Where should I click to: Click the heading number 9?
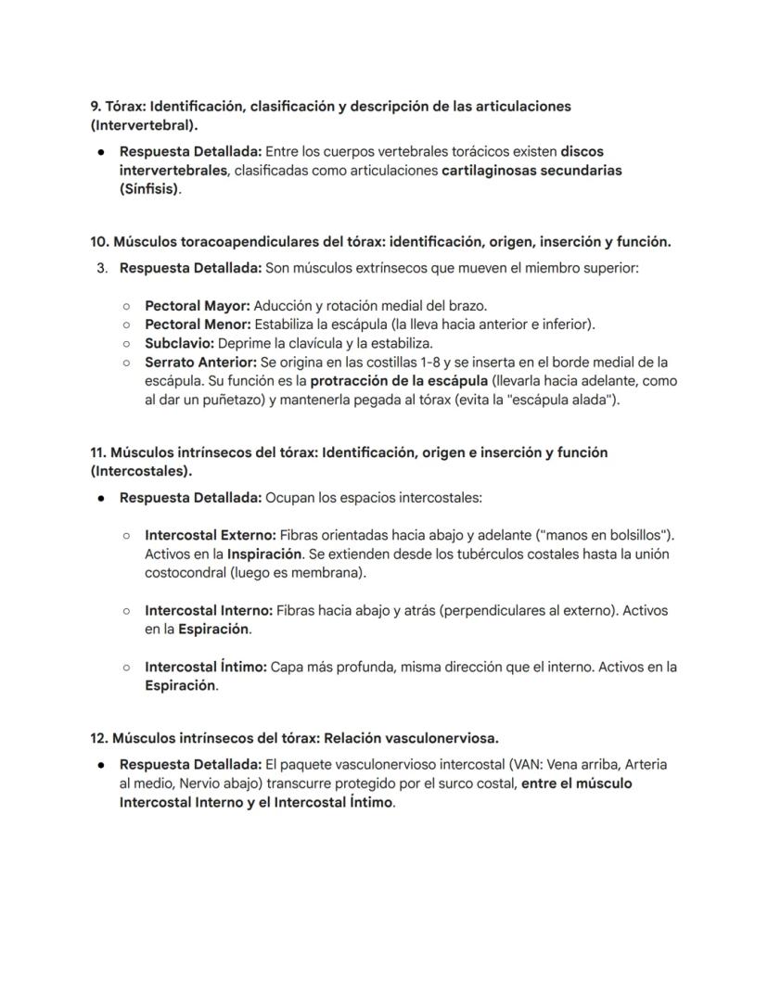click(x=96, y=106)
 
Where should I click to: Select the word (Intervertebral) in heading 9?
click(x=143, y=124)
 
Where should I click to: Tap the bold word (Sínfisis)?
click(x=150, y=189)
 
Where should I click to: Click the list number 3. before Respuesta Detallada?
click(x=102, y=269)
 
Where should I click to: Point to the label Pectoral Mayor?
click(x=197, y=305)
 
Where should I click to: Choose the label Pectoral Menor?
click(x=198, y=325)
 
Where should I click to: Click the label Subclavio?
click(x=179, y=343)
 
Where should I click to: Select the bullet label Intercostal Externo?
click(x=210, y=535)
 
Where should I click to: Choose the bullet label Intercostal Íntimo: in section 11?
click(x=206, y=667)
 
